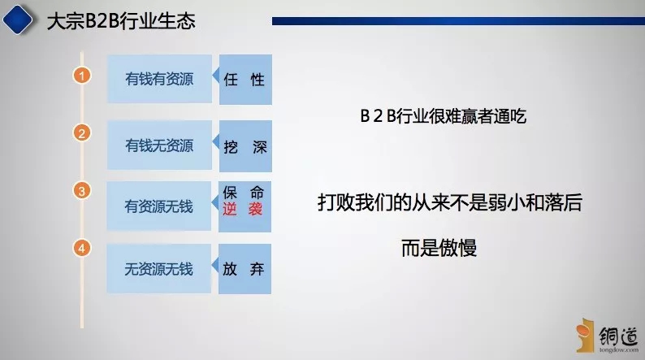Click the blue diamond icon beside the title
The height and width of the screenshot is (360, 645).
[x=18, y=19]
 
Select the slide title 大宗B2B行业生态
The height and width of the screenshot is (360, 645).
[x=121, y=21]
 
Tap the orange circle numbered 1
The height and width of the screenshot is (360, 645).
[x=82, y=76]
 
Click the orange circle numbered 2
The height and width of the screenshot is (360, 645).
[x=82, y=133]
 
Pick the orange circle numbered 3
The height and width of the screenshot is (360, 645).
[x=82, y=191]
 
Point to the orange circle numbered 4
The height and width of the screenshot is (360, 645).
[x=82, y=248]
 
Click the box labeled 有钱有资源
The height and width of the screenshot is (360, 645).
[x=159, y=79]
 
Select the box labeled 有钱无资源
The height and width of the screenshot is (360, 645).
[x=159, y=145]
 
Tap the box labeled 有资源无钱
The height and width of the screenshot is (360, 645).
[x=158, y=206]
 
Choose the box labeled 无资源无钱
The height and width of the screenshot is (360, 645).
[x=158, y=269]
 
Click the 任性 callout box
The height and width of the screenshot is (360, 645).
[x=245, y=80]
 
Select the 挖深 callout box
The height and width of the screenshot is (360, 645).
[x=245, y=146]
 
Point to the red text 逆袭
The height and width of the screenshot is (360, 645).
[x=243, y=210]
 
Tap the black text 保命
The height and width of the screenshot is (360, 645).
[x=243, y=192]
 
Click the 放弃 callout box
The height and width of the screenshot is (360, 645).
[x=245, y=269]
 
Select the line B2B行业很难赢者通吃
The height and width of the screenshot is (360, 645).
[x=443, y=116]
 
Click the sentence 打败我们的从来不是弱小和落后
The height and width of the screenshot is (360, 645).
[x=450, y=202]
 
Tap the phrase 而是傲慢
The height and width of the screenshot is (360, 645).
[x=439, y=248]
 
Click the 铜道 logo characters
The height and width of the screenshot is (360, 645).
[x=618, y=336]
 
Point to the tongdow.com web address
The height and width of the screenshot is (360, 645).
[x=619, y=349]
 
